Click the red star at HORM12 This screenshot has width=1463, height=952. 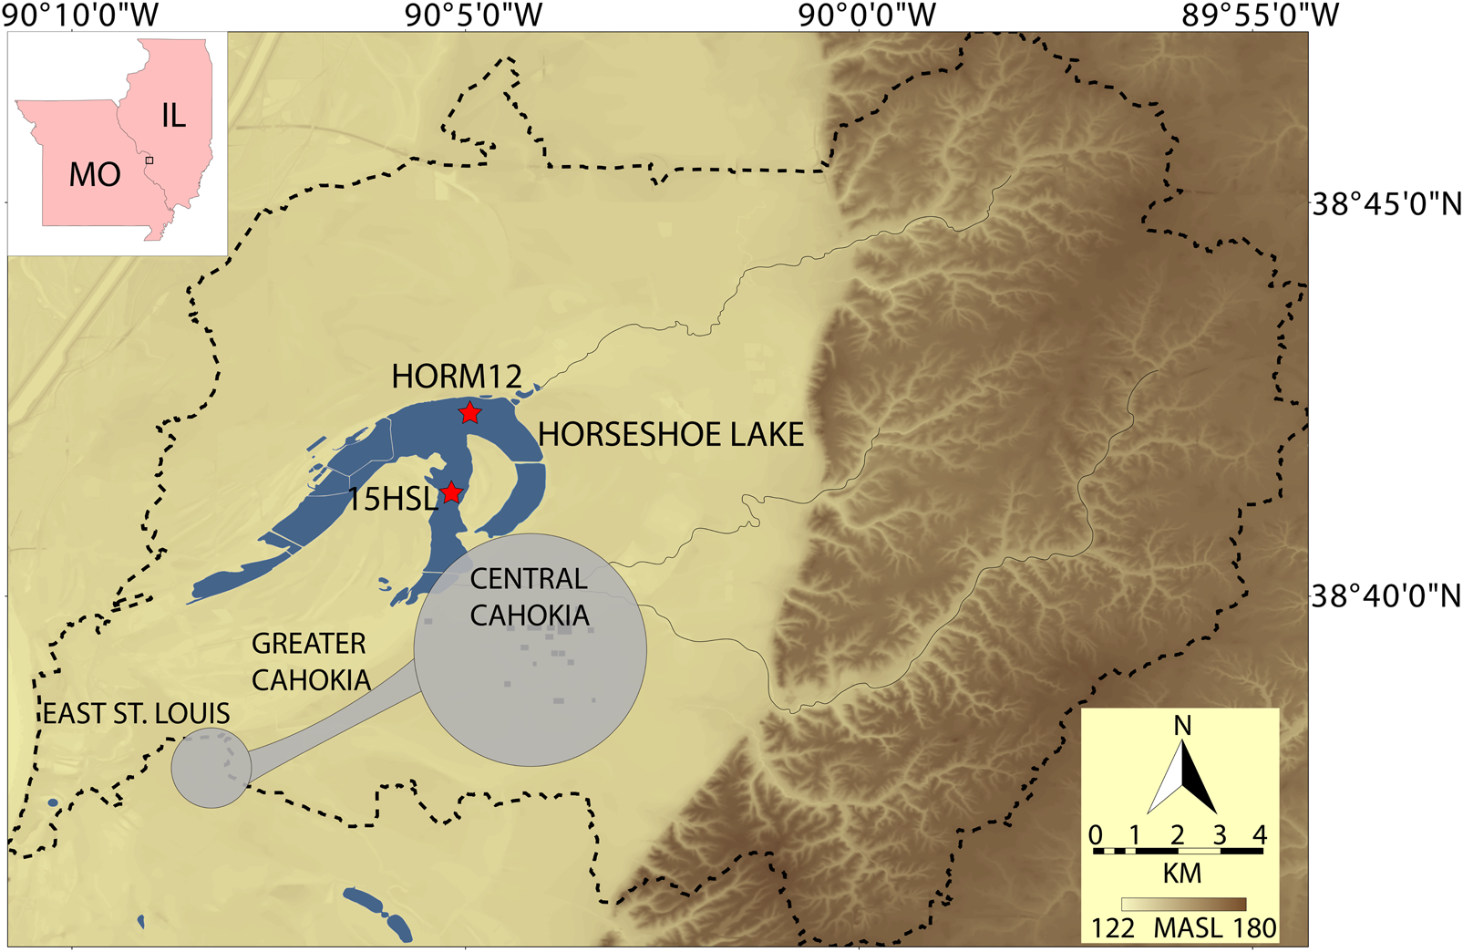pos(469,413)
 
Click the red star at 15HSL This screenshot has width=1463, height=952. pos(451,493)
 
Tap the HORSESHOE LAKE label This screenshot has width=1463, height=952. pos(671,435)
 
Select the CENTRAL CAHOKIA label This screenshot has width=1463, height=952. pos(530,597)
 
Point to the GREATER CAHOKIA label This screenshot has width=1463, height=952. pos(311,662)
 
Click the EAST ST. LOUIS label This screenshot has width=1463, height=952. pos(137,713)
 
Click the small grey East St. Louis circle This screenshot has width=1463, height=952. pos(211,768)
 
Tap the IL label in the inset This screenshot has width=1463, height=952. pos(173,116)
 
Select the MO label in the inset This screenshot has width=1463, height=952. pos(95,174)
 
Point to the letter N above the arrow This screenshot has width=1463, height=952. pos(1182,726)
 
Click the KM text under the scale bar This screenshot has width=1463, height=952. pos(1181,874)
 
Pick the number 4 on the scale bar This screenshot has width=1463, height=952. pos(1260,834)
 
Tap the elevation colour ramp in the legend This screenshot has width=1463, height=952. pos(1183,905)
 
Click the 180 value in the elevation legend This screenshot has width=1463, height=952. pos(1254,928)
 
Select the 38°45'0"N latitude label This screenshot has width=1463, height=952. pos(1386,203)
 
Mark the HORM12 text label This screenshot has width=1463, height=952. pos(457,376)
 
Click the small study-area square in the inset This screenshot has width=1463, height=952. pos(149,160)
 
